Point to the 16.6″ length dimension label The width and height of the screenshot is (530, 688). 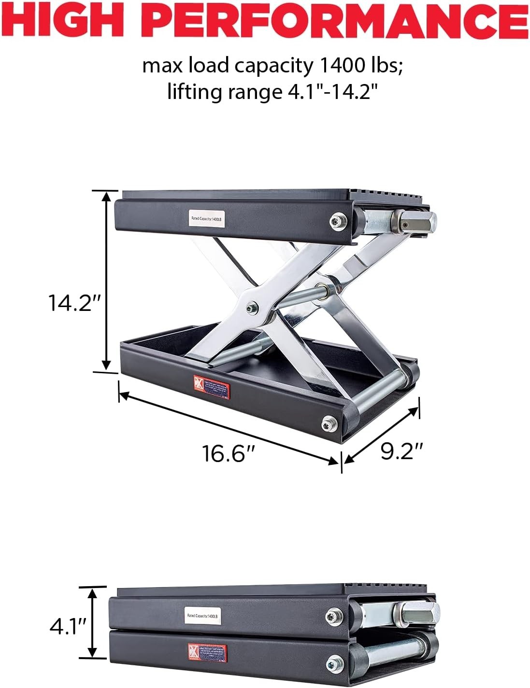pyautogui.click(x=228, y=454)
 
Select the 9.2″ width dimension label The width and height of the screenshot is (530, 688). pyautogui.click(x=401, y=451)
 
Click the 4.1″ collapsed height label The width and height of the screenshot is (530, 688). pyautogui.click(x=68, y=627)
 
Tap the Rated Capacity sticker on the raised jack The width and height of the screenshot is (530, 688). pyautogui.click(x=206, y=219)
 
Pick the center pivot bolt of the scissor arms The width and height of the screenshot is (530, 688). pyautogui.click(x=251, y=308)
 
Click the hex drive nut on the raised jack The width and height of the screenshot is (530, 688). pyautogui.click(x=419, y=222)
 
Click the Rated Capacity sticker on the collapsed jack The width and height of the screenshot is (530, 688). pyautogui.click(x=202, y=616)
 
